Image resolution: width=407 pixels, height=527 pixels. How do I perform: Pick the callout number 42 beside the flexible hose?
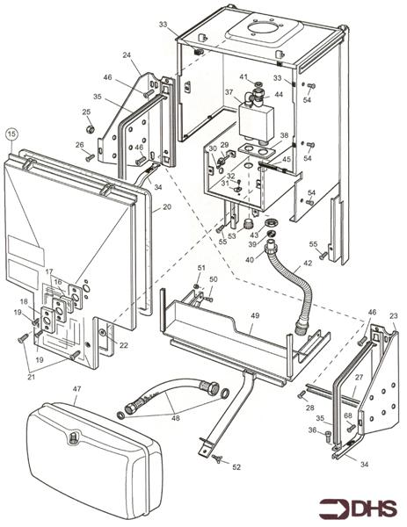coord(307,263)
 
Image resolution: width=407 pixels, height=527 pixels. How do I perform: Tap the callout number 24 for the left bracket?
coord(126,54)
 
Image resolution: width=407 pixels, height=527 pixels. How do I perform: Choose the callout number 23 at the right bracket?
coord(393,316)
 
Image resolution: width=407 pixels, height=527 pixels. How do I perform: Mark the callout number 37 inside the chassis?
coord(229,91)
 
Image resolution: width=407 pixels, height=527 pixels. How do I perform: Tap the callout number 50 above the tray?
coord(213,279)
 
